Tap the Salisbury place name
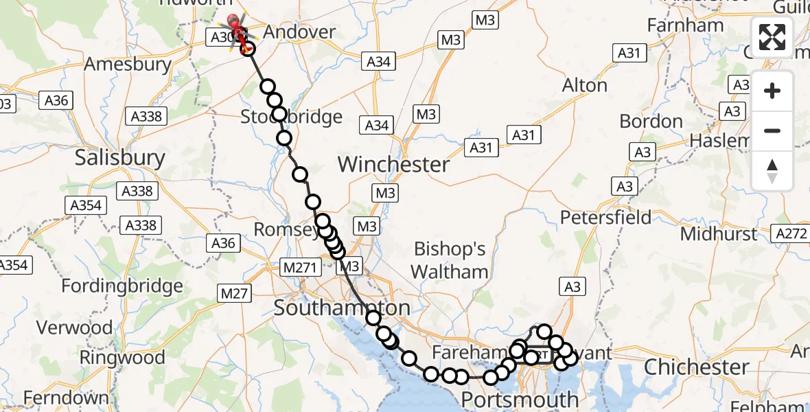tap(119, 158)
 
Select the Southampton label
tap(342, 308)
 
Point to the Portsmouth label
tap(519, 399)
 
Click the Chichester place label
tap(696, 367)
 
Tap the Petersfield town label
tap(605, 218)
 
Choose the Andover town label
tap(299, 32)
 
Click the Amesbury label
tap(127, 65)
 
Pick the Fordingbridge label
tap(122, 286)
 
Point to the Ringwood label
tap(122, 357)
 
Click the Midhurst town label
tap(719, 233)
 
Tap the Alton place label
tap(585, 85)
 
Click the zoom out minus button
tap(772, 130)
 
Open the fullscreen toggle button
tap(772, 37)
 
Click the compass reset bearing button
tap(772, 170)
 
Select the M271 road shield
tap(299, 266)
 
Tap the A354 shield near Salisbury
tap(86, 205)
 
